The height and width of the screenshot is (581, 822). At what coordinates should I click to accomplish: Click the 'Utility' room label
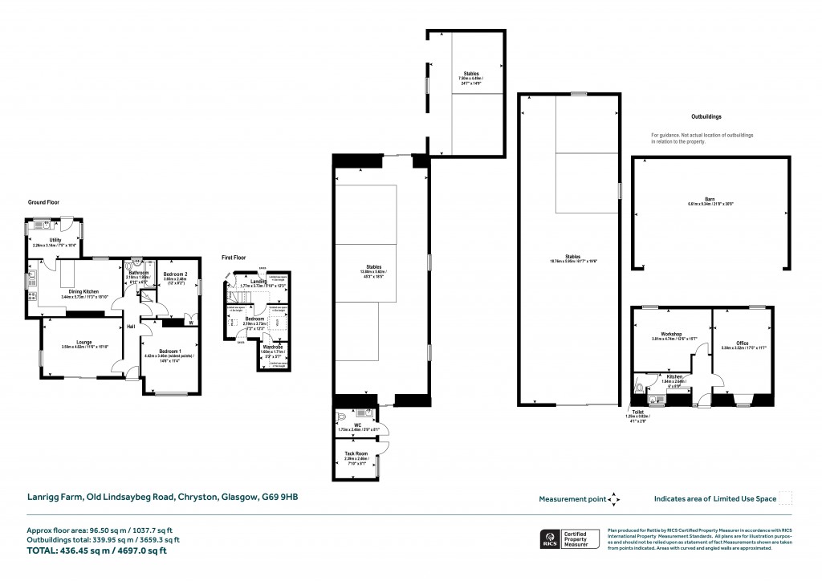55,239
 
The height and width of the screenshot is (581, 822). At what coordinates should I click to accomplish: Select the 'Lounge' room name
83,342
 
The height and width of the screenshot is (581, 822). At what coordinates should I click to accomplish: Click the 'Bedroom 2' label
175,274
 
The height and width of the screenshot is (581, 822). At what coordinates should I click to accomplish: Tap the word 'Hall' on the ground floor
130,327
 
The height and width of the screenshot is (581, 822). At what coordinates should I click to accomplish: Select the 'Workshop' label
671,333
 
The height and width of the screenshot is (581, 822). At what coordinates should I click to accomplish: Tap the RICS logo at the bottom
549,538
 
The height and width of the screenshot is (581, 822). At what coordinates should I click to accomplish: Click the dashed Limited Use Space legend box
786,498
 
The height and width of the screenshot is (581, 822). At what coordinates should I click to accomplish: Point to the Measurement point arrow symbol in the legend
615,498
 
